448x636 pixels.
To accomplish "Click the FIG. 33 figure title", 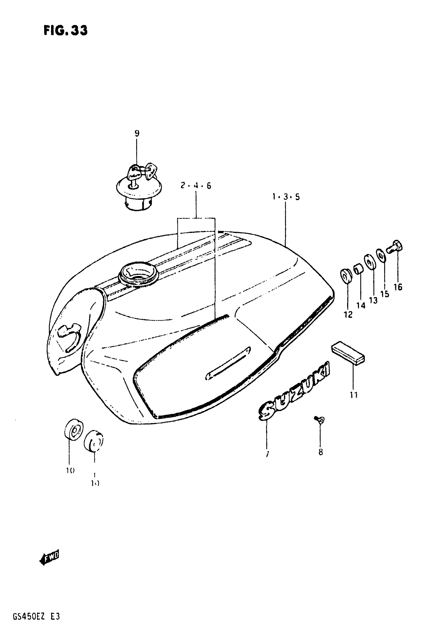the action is tap(65, 30).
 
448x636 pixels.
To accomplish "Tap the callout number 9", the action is tap(137, 133).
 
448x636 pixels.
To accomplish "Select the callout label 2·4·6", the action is tap(196, 186).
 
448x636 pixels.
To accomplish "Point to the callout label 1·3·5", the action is tap(286, 197).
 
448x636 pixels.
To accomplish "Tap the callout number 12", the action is tap(348, 314).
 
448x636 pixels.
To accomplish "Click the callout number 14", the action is tap(361, 305).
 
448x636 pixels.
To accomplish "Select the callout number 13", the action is tap(373, 300).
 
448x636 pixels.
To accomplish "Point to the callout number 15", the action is tap(385, 294).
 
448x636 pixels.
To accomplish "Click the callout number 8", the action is tap(320, 452).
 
